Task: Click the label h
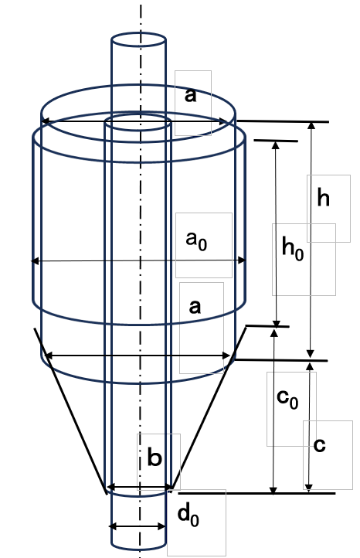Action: point(323,198)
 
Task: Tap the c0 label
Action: point(287,399)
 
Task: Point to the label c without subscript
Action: point(320,445)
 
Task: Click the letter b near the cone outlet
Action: point(155,458)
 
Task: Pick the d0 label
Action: point(188,515)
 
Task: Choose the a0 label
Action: point(196,240)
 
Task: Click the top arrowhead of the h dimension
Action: point(311,125)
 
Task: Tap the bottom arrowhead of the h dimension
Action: point(311,354)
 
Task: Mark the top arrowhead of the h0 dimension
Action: point(276,145)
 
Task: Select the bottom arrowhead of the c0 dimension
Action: point(273,491)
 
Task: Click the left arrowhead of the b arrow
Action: point(110,486)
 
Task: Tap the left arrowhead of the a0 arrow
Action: point(35,261)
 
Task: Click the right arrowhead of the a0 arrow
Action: point(242,260)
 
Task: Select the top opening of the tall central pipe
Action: point(138,39)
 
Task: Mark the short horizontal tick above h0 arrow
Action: point(276,141)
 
